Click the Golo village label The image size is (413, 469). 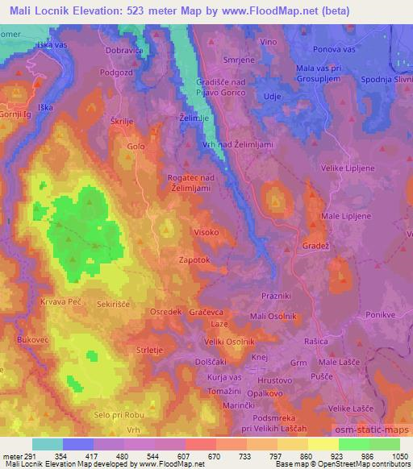[136, 147]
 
